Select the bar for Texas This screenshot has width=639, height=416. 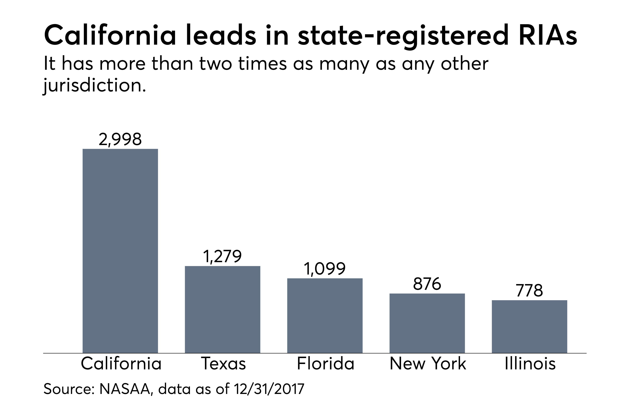(x=222, y=309)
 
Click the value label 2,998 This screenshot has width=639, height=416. (x=120, y=140)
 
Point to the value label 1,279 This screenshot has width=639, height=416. (x=222, y=256)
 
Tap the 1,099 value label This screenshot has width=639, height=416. (x=325, y=269)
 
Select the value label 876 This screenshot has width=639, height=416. (x=427, y=284)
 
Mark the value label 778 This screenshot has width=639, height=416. (x=529, y=291)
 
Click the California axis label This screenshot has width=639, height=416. (x=121, y=364)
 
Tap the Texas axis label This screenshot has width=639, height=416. (x=223, y=364)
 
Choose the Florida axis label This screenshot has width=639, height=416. (x=325, y=364)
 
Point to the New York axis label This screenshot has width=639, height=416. (x=428, y=364)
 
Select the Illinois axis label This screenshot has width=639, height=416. (x=530, y=364)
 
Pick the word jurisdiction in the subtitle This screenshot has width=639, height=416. (x=95, y=86)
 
